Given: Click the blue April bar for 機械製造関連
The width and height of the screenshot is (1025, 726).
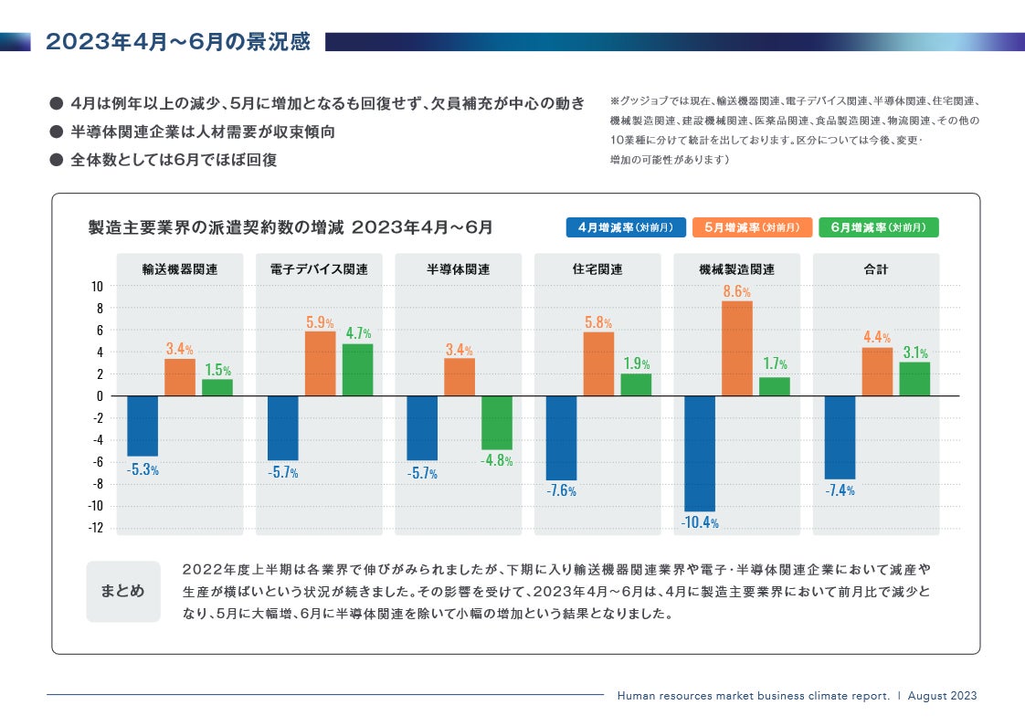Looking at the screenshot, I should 700,453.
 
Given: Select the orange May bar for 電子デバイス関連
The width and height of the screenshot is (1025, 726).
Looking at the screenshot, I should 320,363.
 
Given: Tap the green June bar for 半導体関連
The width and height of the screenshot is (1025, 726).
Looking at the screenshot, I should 497,423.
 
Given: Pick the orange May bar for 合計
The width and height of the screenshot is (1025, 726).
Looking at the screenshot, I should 877,372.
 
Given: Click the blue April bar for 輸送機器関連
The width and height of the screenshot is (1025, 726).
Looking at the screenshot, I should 143,426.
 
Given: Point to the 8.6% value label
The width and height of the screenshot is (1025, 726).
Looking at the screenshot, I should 736,292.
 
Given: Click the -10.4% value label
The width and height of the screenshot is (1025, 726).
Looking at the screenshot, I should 700,523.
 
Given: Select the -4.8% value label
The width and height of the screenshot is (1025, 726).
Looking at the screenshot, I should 497,461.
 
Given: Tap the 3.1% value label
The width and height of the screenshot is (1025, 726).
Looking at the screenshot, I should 914,352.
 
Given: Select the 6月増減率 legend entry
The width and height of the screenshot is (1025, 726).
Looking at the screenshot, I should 878,227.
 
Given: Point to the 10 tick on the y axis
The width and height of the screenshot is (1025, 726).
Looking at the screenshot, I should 96,286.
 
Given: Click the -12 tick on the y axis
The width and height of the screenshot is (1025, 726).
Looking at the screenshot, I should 94,528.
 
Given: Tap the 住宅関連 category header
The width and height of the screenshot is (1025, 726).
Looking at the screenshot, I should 597,269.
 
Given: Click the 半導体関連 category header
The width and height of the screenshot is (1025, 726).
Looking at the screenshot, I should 458,269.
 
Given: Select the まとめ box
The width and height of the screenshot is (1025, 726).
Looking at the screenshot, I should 122,591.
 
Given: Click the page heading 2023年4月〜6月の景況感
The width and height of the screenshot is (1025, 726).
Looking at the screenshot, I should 177,42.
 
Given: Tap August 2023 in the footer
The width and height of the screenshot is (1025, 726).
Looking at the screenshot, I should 943,696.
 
